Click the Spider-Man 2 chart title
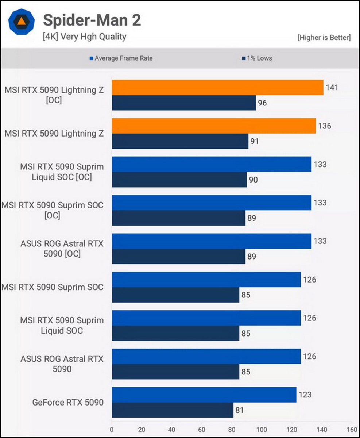pos(92,20)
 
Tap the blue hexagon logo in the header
pos(22,22)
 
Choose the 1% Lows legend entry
pos(257,58)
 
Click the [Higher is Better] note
pos(324,37)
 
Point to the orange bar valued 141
pos(217,88)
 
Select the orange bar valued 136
pos(214,126)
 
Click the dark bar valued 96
pos(184,103)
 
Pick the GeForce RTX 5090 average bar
pos(204,395)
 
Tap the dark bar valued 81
pos(173,410)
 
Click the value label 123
pos(306,395)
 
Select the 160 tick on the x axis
pos(352,429)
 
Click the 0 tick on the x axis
pos(112,429)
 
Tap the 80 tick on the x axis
pos(232,429)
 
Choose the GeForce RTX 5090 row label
pos(68,403)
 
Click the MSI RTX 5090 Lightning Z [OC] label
pos(54,95)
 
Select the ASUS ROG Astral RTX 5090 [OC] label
pos(62,249)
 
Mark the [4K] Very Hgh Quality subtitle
pos(85,36)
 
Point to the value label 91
pos(254,141)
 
